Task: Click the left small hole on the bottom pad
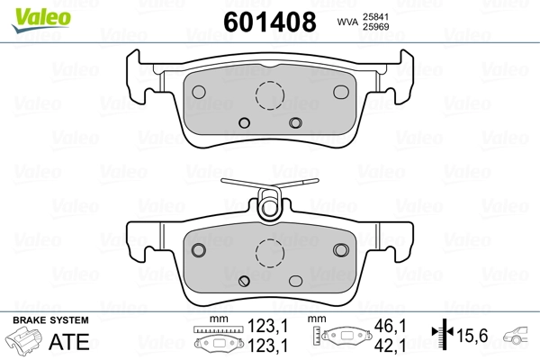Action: pos(201,249)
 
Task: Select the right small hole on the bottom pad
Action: pos(339,249)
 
